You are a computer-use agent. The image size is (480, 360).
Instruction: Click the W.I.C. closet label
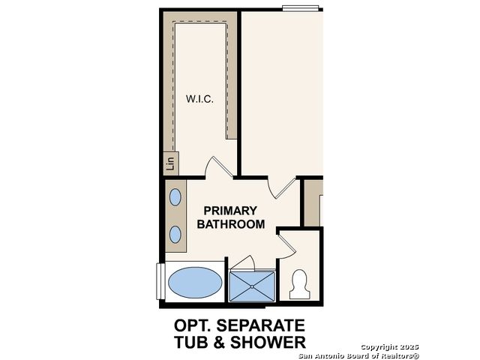tap(199, 99)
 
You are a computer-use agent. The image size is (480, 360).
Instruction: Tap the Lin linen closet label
tap(170, 163)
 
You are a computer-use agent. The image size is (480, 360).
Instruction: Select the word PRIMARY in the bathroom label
tap(230, 211)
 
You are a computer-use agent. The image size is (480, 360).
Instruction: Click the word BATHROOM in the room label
tap(231, 224)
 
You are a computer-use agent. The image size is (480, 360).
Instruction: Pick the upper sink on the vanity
tap(175, 197)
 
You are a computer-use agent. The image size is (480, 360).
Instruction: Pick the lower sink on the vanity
tap(175, 235)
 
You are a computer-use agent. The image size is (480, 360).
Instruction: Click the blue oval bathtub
tap(195, 283)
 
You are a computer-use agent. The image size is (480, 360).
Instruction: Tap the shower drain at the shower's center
tap(252, 286)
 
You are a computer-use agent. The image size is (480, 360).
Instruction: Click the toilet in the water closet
tap(300, 284)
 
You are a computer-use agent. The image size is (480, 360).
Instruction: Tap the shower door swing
tap(243, 264)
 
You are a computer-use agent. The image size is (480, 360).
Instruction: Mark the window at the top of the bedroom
tap(301, 8)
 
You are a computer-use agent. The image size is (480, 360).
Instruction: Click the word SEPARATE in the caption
tap(261, 325)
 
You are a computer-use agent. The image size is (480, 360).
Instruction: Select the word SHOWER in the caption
tap(268, 342)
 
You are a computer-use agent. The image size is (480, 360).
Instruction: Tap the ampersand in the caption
tap(219, 342)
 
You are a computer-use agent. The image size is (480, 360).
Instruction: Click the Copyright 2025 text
tap(390, 347)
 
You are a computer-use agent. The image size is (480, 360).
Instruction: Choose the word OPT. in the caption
tap(193, 325)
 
